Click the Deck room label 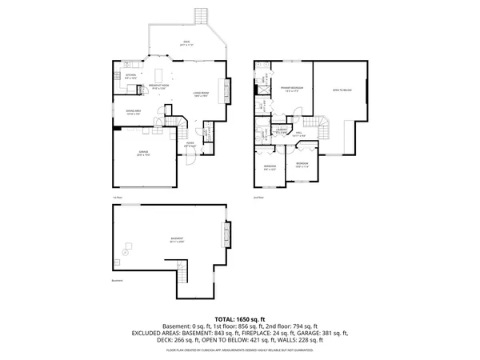click(x=186, y=43)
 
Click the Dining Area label click(x=134, y=112)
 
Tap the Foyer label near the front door click(x=191, y=146)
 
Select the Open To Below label click(x=342, y=90)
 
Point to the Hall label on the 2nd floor click(x=300, y=135)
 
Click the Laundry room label click(x=282, y=129)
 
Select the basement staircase click(x=182, y=277)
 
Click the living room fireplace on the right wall click(x=227, y=90)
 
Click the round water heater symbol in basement click(x=125, y=252)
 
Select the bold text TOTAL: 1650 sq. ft click(x=240, y=319)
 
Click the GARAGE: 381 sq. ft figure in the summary click(x=327, y=332)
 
